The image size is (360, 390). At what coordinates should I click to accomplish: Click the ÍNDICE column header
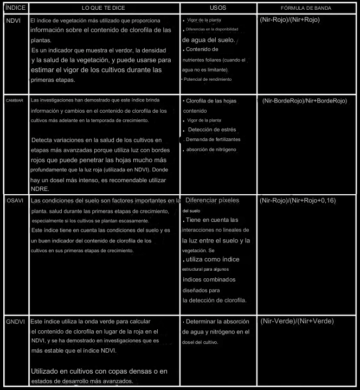pyautogui.click(x=14, y=9)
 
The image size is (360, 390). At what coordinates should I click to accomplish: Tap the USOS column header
pyautogui.click(x=218, y=9)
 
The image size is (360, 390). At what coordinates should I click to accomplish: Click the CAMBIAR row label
pyautogui.click(x=15, y=101)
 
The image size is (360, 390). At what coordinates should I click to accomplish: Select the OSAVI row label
pyautogui.click(x=15, y=201)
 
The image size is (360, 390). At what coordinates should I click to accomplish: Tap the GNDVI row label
pyautogui.click(x=16, y=322)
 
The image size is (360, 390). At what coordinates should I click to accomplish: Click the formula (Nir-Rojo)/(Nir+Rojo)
pyautogui.click(x=290, y=20)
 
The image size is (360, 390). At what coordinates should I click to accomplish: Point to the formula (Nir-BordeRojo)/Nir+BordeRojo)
pyautogui.click(x=304, y=101)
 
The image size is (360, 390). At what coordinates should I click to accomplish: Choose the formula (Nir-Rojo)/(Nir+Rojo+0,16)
pyautogui.click(x=297, y=201)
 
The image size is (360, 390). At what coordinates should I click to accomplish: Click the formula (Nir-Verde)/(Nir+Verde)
pyautogui.click(x=297, y=321)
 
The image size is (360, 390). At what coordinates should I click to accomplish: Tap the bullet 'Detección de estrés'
pyautogui.click(x=213, y=130)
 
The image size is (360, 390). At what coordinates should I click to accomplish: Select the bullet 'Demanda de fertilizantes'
pyautogui.click(x=214, y=140)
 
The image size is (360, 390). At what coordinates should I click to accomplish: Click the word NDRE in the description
pyautogui.click(x=40, y=189)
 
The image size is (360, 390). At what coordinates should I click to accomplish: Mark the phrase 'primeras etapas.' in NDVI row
pyautogui.click(x=53, y=79)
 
